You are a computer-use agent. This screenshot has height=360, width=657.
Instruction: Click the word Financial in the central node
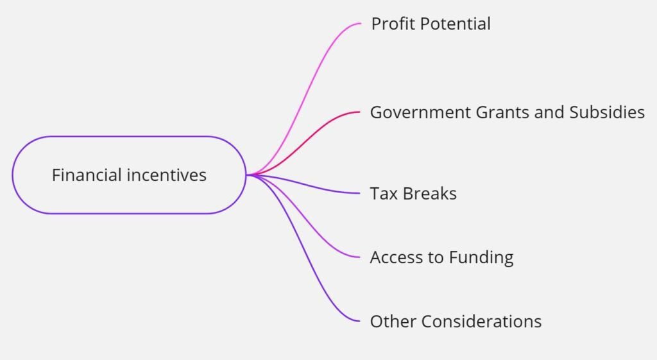87,175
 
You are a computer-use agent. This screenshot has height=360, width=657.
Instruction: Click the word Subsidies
607,112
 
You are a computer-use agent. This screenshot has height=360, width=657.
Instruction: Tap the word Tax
384,194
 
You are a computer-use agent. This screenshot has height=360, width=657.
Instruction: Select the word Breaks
430,194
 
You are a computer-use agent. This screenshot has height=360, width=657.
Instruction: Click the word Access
396,257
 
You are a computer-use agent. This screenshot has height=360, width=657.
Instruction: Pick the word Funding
481,258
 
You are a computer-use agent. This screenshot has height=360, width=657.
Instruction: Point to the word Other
393,321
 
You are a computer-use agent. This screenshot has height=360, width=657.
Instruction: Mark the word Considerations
481,321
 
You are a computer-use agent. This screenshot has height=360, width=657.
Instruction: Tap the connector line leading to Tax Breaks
303,184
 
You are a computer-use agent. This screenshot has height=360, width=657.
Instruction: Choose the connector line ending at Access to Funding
303,219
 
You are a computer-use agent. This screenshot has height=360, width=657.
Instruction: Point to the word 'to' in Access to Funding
436,257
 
